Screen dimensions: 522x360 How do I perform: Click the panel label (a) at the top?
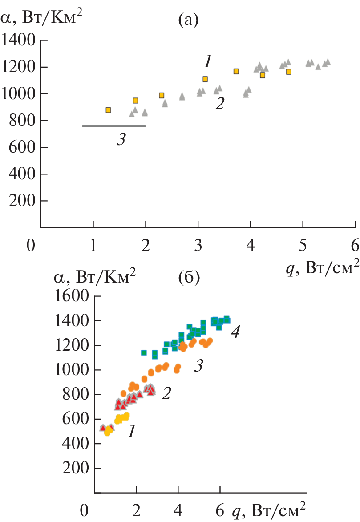pyautogui.click(x=187, y=20)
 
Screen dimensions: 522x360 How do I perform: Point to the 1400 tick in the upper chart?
pyautogui.click(x=20, y=41)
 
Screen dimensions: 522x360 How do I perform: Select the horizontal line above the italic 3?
pyautogui.click(x=114, y=126)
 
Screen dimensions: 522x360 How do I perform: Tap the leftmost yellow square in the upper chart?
pyautogui.click(x=108, y=110)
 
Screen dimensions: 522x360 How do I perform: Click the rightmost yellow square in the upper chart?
pyautogui.click(x=288, y=72)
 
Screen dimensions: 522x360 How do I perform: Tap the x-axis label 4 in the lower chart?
pyautogui.click(x=178, y=509)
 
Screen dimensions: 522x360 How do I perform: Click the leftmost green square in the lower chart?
pyautogui.click(x=144, y=352)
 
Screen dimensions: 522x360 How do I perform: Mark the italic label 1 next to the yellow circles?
pyautogui.click(x=131, y=431)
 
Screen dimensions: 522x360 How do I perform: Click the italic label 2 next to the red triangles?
pyautogui.click(x=166, y=394)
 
